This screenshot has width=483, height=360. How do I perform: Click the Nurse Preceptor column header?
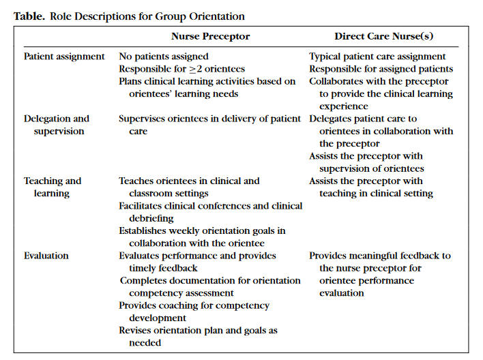tap(210, 36)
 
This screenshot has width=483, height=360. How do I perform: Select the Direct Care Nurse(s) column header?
tap(383, 36)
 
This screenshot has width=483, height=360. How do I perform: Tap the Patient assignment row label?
tap(64, 57)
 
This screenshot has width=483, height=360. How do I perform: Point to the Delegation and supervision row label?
tap(57, 125)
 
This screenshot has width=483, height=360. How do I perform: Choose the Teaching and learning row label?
tap(53, 187)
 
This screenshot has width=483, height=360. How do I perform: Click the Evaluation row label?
tap(46, 256)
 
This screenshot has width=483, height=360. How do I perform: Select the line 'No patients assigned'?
tap(164, 57)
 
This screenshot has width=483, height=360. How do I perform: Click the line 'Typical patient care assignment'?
tap(377, 57)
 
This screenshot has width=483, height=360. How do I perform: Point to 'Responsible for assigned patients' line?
tap(381, 69)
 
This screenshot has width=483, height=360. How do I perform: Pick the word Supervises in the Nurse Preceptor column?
tap(143, 119)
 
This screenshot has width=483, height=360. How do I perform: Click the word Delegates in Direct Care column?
tap(331, 119)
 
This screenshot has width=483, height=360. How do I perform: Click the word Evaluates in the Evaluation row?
tap(141, 256)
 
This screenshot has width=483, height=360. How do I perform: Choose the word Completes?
tap(144, 280)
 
